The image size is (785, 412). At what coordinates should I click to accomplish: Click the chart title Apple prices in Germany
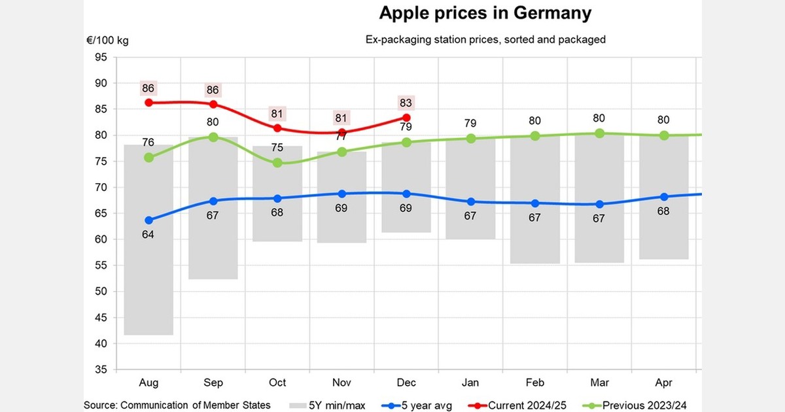point(485,13)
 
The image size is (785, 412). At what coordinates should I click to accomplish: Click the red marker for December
point(406,118)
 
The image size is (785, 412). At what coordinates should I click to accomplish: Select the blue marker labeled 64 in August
point(149,220)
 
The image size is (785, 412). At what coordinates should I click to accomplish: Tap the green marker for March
point(599,133)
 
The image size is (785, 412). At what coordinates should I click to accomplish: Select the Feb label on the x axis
point(534,383)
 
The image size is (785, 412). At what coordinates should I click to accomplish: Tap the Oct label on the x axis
point(277,383)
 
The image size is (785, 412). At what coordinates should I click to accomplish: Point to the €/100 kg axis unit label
point(107,41)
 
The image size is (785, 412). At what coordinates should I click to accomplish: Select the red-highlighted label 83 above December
point(406,103)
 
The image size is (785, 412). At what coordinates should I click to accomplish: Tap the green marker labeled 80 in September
point(213,137)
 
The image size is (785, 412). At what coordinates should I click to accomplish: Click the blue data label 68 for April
point(663,213)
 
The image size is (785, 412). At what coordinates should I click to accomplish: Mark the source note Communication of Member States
point(177,405)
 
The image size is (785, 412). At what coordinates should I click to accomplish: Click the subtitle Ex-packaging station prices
point(485,39)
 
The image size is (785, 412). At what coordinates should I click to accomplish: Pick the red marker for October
point(277,128)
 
